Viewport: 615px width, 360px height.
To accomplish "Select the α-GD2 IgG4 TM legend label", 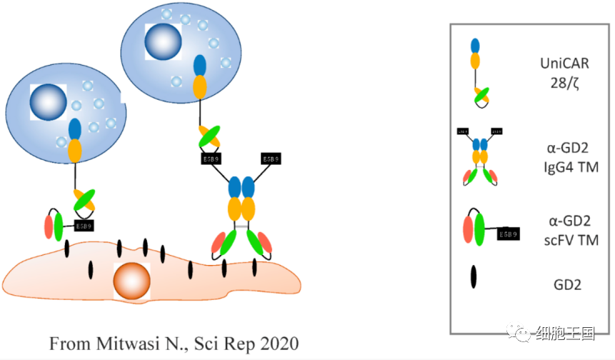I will pyautogui.click(x=561, y=159).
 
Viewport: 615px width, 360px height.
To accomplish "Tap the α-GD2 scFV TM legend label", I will pyautogui.click(x=561, y=230).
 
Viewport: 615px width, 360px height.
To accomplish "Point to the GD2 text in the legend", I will pyautogui.click(x=561, y=284).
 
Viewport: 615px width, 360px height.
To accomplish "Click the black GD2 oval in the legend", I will pyautogui.click(x=474, y=278).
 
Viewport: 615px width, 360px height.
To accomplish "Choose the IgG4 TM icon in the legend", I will pyautogui.click(x=477, y=157).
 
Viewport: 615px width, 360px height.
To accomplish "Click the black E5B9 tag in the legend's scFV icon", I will pyautogui.click(x=507, y=234).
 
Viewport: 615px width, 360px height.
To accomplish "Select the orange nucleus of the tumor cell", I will pyautogui.click(x=131, y=281).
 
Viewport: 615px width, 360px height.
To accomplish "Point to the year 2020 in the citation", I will pyautogui.click(x=275, y=344).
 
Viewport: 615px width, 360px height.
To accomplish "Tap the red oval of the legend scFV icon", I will pyautogui.click(x=469, y=229).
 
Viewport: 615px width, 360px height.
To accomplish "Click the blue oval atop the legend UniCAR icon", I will pyautogui.click(x=475, y=46).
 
